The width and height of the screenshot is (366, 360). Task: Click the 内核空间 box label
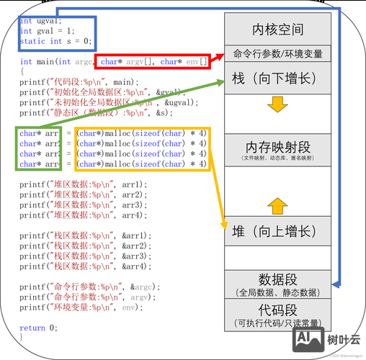coord(277,30)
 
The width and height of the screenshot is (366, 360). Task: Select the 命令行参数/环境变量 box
coord(277,54)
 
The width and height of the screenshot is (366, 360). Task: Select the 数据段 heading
coord(277,279)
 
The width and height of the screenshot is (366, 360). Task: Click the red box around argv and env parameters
coord(154,63)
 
